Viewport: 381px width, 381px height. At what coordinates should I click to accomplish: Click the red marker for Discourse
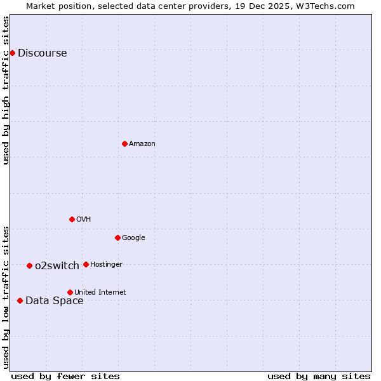pos(12,53)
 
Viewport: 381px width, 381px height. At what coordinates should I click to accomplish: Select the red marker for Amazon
pos(124,144)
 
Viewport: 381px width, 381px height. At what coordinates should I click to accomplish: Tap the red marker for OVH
pos(72,219)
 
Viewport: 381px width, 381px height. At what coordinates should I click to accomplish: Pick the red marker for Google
pos(117,237)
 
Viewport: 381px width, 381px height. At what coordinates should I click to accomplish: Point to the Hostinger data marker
pos(86,264)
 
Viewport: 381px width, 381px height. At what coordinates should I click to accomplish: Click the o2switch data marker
pos(29,265)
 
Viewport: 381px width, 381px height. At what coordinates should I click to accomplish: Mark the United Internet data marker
pos(70,292)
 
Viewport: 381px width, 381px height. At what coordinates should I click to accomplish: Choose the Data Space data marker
pos(20,300)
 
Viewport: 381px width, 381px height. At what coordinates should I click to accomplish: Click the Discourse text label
pos(42,53)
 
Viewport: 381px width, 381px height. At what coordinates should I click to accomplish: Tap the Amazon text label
pos(142,144)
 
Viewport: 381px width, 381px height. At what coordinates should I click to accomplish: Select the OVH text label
pos(84,220)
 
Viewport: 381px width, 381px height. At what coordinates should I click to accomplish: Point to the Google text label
pos(133,238)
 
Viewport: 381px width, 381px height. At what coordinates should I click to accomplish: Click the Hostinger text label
pos(106,265)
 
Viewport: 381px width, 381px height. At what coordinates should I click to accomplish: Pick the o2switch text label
pos(57,266)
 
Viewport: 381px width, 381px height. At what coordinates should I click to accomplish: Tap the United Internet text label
pos(100,293)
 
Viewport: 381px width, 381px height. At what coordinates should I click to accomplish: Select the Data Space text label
pos(54,301)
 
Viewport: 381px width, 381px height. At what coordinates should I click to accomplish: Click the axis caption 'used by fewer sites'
pos(65,376)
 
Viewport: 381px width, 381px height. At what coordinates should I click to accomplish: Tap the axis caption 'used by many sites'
pos(319,376)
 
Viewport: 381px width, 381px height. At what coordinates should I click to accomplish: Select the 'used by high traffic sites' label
pos(6,90)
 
